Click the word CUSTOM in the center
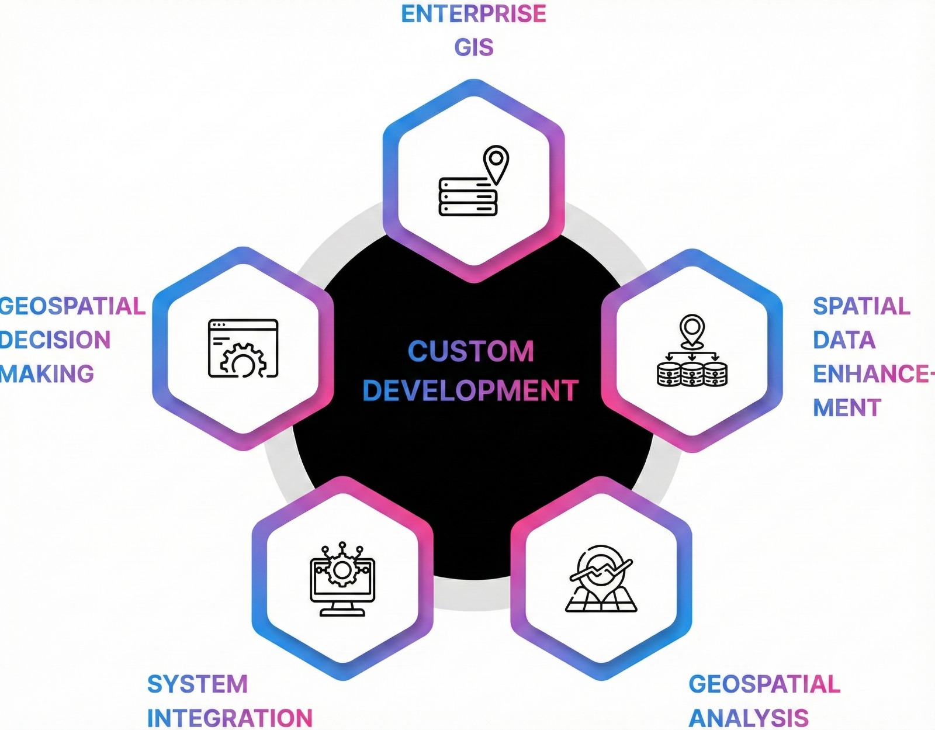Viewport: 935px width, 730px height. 470,351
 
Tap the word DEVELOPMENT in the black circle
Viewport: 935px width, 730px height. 470,390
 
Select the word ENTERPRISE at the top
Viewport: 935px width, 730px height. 473,14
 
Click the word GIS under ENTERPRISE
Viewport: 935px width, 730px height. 474,47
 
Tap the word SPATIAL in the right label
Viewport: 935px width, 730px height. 861,306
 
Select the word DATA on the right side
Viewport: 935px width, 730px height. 844,340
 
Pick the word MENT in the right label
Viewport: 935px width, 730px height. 847,408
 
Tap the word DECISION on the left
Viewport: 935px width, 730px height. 55,340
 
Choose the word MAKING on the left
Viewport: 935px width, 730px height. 47,374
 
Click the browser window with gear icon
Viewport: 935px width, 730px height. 243,348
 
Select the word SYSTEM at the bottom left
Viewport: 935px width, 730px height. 198,684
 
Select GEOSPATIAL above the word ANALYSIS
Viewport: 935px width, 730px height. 764,684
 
